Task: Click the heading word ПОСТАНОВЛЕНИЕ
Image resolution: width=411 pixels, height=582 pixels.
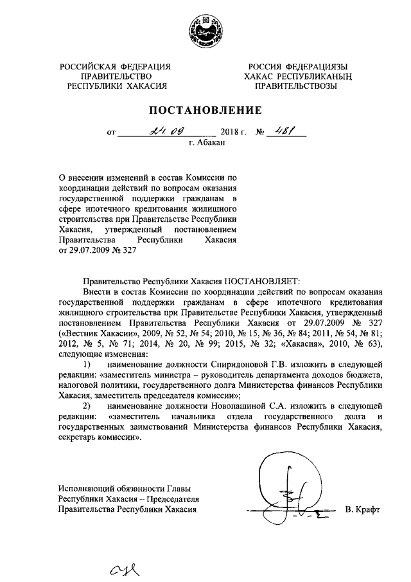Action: coord(205,109)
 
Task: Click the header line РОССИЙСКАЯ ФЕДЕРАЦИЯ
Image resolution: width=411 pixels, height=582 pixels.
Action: coord(116,66)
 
